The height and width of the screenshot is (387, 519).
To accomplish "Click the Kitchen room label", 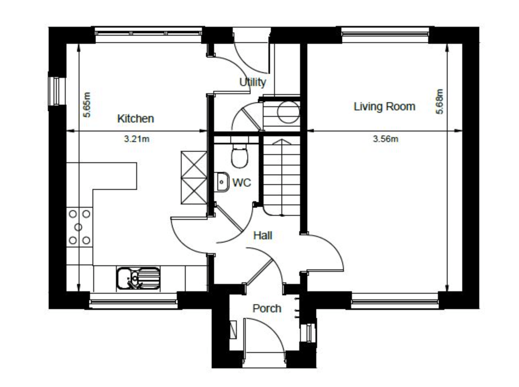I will point(135,118).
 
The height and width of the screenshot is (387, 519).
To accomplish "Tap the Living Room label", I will point(384,107).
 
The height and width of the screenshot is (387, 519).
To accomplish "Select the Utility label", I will point(253,82).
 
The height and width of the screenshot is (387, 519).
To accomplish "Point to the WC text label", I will point(242,183).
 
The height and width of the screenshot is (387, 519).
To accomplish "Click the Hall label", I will point(263,235).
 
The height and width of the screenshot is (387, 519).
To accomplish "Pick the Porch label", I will point(267,308).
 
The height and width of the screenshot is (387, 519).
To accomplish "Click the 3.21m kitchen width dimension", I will point(137,139).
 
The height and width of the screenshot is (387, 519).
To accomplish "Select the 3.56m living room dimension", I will point(385,139).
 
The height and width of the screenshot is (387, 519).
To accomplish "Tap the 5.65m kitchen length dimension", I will point(87,105).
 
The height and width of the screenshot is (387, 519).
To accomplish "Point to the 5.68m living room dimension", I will point(440,101).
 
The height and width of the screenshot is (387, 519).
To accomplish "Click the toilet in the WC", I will point(239,156).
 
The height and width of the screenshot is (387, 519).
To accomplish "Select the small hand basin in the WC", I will point(222,181).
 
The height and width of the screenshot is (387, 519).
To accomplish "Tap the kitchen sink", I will point(138,278).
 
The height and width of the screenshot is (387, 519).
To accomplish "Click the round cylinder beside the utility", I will point(289,112).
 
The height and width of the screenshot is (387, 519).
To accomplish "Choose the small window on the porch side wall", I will point(309,333).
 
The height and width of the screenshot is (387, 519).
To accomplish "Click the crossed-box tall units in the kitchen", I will point(194,177).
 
